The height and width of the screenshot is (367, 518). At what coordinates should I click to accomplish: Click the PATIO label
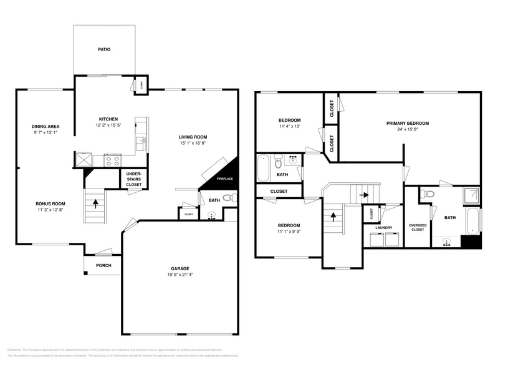click(104, 49)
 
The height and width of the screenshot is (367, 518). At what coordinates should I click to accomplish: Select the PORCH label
click(103, 265)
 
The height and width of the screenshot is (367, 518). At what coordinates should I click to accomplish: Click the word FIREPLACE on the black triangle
click(224, 179)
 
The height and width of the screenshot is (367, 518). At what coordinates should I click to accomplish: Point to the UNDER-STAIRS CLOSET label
click(133, 179)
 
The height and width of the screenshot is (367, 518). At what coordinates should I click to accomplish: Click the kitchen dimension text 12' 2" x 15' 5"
click(108, 125)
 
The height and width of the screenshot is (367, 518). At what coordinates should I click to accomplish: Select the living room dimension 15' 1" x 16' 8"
click(193, 143)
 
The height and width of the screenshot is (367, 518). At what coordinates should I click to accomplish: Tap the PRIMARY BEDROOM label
click(407, 123)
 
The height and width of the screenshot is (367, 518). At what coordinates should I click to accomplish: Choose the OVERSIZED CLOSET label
click(417, 227)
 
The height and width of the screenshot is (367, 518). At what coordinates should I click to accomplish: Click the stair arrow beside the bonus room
click(95, 203)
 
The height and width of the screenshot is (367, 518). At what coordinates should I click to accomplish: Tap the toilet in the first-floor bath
click(229, 198)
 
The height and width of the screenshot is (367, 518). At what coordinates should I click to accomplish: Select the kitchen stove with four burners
click(113, 159)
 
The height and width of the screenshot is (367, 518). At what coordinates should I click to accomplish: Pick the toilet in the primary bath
click(428, 194)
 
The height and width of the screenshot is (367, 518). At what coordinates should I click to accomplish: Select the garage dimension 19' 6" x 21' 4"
click(180, 275)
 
